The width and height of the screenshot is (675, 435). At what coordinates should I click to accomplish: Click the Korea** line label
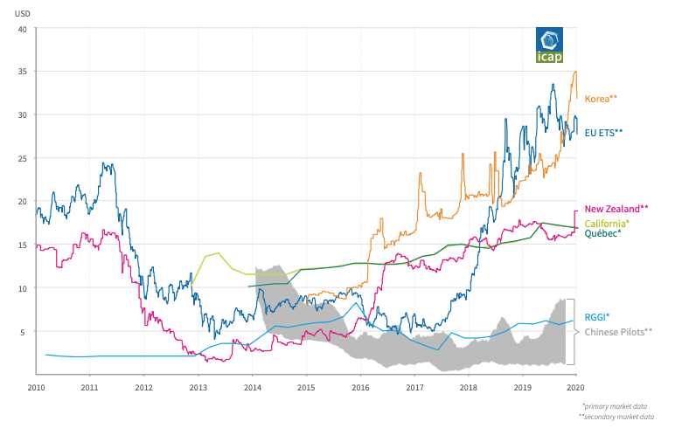coord(601,99)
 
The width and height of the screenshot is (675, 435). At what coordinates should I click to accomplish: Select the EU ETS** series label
coord(603,132)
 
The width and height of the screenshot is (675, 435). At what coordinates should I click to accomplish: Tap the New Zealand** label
coord(616,209)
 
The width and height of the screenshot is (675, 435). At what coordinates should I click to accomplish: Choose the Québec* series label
coord(602,233)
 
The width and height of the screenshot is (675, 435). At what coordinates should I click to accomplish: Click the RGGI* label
coord(596,316)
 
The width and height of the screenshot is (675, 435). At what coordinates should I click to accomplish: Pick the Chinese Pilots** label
coord(617,332)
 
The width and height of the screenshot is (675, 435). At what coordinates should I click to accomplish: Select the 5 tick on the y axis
coord(26,332)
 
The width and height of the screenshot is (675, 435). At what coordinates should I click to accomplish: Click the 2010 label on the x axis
coord(36,385)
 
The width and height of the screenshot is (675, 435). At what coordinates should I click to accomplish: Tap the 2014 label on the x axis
coord(252,385)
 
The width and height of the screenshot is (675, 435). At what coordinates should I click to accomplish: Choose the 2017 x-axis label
coord(414,385)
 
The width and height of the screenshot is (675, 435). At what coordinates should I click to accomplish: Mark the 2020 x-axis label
coord(575,385)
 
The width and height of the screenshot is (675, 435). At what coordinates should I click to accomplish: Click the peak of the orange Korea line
coord(574,72)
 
